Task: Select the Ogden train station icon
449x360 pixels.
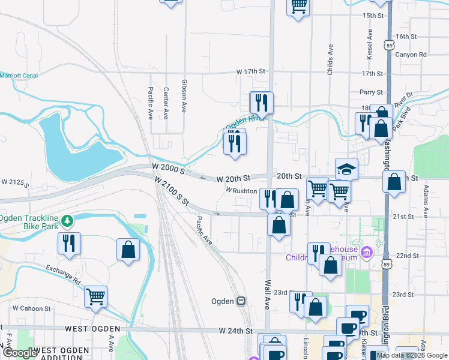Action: click(x=241, y=301)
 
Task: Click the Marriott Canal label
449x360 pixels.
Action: click(x=19, y=76)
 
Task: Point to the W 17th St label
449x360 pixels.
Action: click(x=251, y=72)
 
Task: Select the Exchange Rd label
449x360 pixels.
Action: click(x=63, y=275)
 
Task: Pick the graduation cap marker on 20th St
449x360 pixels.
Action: click(x=346, y=169)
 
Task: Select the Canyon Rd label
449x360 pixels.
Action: click(x=411, y=55)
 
